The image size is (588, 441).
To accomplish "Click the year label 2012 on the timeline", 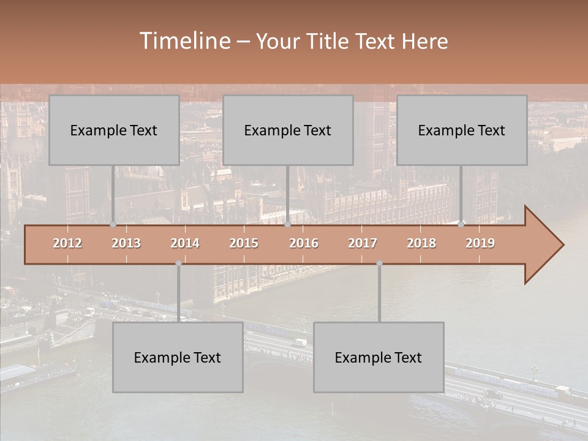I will pyautogui.click(x=67, y=243).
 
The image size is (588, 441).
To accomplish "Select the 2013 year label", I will pyautogui.click(x=126, y=243).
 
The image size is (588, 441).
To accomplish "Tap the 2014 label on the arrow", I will pyautogui.click(x=185, y=243).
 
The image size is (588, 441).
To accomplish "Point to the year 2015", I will pyautogui.click(x=244, y=243).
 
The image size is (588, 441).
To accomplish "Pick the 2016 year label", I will pyautogui.click(x=304, y=243).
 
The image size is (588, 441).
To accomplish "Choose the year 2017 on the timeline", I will pyautogui.click(x=363, y=243).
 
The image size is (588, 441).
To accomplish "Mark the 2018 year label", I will pyautogui.click(x=421, y=243).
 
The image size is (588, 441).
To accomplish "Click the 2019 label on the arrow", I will pyautogui.click(x=480, y=243).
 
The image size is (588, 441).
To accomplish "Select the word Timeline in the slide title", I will pyautogui.click(x=184, y=41).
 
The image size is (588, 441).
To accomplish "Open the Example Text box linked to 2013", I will pyautogui.click(x=114, y=130).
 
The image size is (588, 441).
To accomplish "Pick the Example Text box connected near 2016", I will pyautogui.click(x=288, y=130).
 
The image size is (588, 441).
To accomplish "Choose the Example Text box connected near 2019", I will pyautogui.click(x=462, y=130).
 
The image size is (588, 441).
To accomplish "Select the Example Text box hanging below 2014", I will pyautogui.click(x=178, y=357).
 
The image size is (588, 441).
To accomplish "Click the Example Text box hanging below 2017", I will pyautogui.click(x=379, y=357).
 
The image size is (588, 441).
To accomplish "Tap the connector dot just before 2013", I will pyautogui.click(x=113, y=224).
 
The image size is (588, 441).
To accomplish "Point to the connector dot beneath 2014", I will pyautogui.click(x=178, y=263).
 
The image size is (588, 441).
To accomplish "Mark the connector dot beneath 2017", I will pyautogui.click(x=379, y=263).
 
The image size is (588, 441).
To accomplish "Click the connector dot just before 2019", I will pyautogui.click(x=461, y=224).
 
